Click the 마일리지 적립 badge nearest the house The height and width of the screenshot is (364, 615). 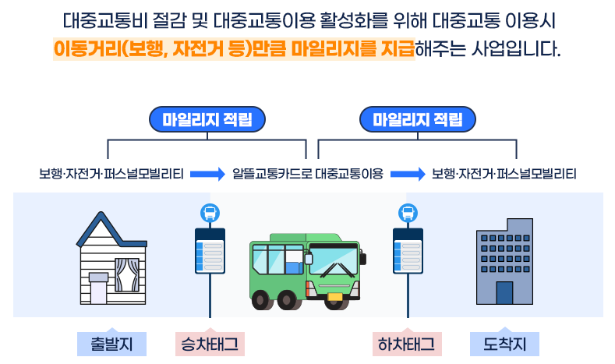pos(207,120)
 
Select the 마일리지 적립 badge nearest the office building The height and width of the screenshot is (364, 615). pos(418,120)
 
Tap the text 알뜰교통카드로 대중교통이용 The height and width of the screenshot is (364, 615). pos(308,173)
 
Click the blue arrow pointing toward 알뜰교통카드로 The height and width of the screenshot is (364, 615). pos(207,173)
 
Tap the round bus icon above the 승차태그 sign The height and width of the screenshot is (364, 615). pos(210,212)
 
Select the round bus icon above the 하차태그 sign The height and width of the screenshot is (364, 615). pos(408,212)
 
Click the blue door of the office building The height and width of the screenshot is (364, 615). pos(504,293)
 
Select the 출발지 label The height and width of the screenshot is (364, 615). pos(112,344)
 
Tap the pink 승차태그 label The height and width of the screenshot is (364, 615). pos(210,344)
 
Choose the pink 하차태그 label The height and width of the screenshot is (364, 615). pos(408,344)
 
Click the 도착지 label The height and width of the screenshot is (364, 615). pos(504,344)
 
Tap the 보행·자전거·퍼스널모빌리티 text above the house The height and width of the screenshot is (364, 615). pos(111,173)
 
